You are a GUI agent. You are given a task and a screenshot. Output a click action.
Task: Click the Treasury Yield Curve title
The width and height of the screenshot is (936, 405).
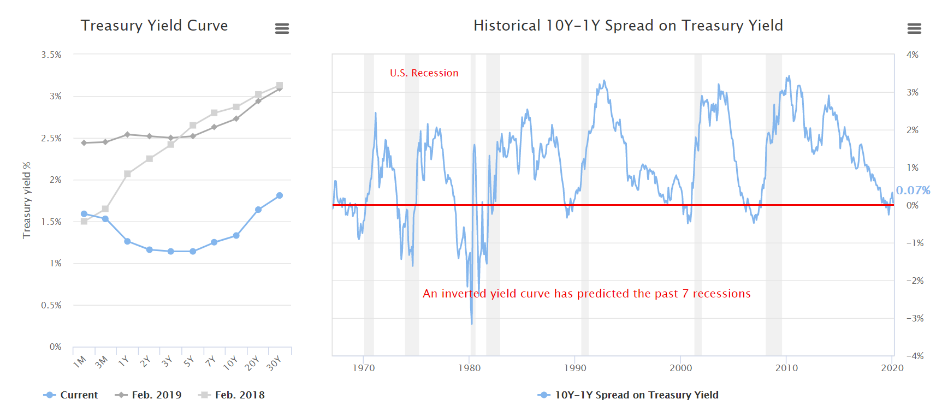(x=154, y=26)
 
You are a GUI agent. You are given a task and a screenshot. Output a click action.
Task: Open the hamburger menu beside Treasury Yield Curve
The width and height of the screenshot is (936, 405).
(x=282, y=28)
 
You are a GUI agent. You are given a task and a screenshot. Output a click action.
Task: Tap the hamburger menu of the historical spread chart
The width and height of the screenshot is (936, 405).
(x=914, y=28)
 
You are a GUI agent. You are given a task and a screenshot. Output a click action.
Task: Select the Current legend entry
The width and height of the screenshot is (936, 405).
(x=70, y=395)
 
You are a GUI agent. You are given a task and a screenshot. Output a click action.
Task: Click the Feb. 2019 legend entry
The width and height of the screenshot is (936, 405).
(x=149, y=395)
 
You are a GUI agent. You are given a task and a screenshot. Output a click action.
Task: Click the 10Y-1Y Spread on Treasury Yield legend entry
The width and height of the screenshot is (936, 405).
(x=628, y=395)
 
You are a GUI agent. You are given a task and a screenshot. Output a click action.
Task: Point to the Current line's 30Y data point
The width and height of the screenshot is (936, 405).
(x=280, y=195)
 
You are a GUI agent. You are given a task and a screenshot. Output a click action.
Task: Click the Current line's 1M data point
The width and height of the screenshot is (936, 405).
(x=84, y=214)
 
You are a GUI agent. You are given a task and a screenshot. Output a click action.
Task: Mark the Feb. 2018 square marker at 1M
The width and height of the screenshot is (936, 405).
(x=84, y=221)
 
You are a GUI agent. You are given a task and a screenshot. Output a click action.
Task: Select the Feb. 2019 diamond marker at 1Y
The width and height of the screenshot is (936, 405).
(x=127, y=134)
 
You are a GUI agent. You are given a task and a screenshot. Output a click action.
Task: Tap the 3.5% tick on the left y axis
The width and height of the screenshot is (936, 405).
(x=51, y=55)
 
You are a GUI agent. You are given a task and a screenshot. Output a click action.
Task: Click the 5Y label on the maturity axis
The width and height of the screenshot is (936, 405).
(x=189, y=361)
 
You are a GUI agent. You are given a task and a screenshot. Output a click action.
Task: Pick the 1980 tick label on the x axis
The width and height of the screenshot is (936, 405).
(x=469, y=368)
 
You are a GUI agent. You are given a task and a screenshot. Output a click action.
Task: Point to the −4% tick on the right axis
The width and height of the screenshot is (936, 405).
(x=912, y=356)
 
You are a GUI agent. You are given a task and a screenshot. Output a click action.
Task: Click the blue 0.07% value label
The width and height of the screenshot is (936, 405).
(x=913, y=190)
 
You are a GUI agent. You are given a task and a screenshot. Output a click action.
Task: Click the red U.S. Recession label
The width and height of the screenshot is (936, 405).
(x=424, y=73)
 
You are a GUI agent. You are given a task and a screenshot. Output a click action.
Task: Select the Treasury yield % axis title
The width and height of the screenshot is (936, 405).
(x=27, y=200)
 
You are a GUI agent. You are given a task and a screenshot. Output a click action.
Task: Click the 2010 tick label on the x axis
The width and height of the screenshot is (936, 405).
(x=786, y=368)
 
